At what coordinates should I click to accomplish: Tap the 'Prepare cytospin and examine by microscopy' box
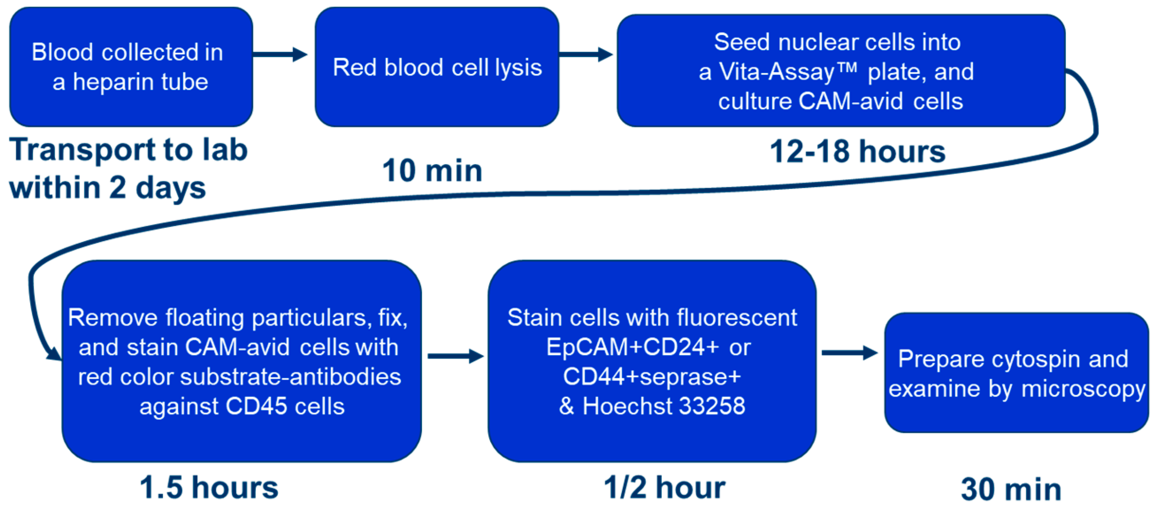click(x=1016, y=373)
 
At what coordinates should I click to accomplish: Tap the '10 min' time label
click(x=432, y=171)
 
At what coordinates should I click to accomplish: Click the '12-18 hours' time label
click(x=857, y=152)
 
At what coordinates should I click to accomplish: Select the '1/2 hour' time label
click(x=664, y=487)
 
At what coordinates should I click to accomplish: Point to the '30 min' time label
click(x=1011, y=489)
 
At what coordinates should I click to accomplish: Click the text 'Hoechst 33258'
click(x=664, y=406)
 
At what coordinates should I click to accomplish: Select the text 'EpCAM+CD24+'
click(x=632, y=347)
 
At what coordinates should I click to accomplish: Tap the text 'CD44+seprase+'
click(x=651, y=376)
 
